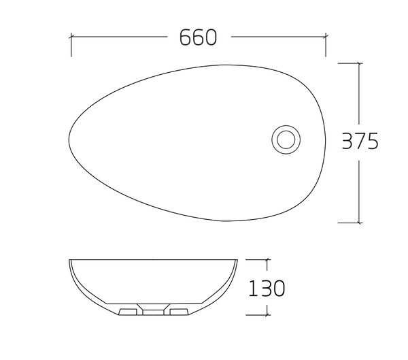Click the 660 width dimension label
pyautogui.click(x=198, y=37)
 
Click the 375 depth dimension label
pyautogui.click(x=360, y=141)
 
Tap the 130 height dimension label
pyautogui.click(x=267, y=288)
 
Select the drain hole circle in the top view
pyautogui.click(x=286, y=140)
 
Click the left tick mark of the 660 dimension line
pyautogui.click(x=71, y=37)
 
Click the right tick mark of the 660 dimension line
pyautogui.click(x=326, y=37)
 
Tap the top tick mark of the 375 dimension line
pyautogui.click(x=359, y=63)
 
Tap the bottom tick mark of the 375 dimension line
pyautogui.click(x=359, y=223)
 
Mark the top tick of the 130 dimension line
pyautogui.click(x=267, y=259)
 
